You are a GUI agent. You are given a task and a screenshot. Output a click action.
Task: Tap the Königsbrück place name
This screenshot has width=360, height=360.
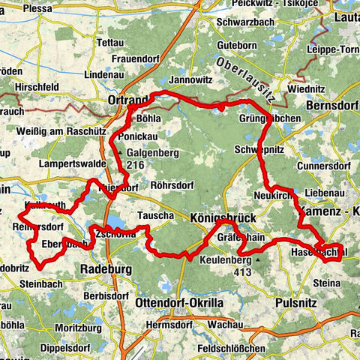tap(223, 217)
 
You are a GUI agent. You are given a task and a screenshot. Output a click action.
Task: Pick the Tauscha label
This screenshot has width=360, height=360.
tap(155, 215)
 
